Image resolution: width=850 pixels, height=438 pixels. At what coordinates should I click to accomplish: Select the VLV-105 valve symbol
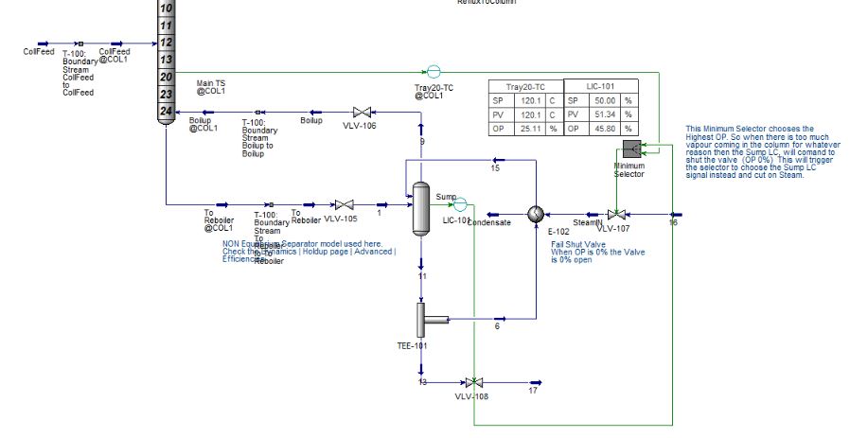345,204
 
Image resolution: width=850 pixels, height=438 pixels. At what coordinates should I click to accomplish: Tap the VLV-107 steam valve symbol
616,214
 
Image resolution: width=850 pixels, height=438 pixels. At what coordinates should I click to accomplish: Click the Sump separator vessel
422,207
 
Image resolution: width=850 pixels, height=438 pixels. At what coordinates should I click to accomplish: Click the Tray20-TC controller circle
434,71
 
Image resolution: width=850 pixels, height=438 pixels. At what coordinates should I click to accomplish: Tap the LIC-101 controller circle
459,204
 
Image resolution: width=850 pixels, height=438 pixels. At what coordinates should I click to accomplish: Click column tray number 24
167,111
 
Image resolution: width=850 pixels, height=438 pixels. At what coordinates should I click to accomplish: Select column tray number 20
167,76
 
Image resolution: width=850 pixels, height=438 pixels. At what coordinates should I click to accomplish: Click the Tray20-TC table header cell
525,86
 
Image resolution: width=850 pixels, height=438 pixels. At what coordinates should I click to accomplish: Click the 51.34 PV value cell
604,114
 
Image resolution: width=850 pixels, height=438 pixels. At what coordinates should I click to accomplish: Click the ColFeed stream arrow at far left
44,44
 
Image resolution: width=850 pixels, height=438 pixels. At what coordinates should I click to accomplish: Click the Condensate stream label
489,223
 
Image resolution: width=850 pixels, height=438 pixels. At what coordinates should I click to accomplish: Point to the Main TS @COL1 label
210,87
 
